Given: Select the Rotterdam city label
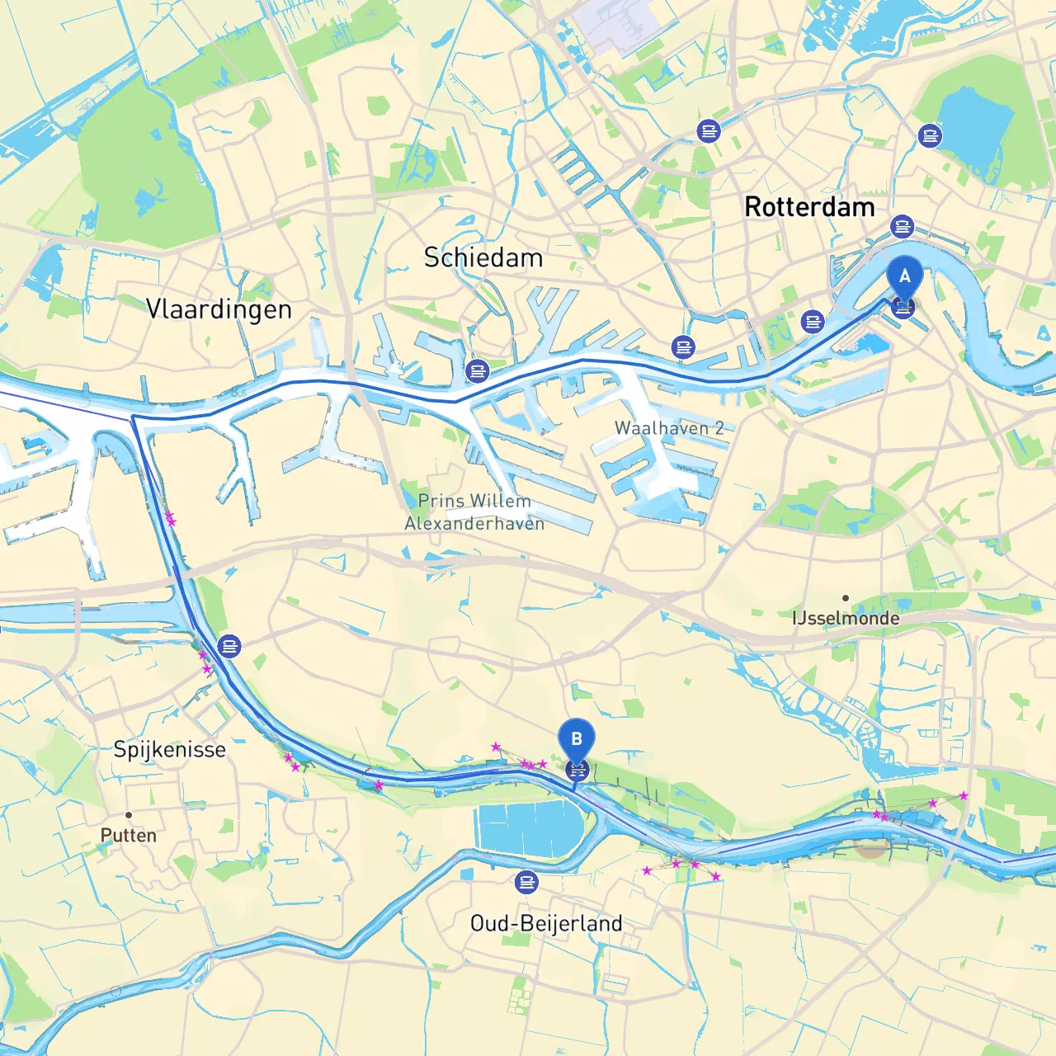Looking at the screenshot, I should [809, 207].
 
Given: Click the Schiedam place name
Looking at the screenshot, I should [483, 257].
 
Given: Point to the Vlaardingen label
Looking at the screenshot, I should [219, 309].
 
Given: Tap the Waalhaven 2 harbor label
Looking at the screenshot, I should [669, 428].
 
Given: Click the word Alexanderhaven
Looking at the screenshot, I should [474, 523].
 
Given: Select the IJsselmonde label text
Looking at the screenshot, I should [846, 618].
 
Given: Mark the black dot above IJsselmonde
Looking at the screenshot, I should [846, 598].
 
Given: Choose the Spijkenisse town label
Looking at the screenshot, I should [169, 749].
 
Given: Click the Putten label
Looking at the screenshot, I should [128, 835].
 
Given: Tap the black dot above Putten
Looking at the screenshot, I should [129, 815].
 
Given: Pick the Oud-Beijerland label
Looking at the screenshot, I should [546, 923].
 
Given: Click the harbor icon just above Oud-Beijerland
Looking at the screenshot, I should [526, 882].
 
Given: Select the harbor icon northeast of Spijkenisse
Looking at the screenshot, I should [229, 646].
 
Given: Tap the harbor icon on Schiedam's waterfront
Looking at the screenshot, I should [478, 370].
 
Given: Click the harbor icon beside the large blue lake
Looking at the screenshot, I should [930, 135].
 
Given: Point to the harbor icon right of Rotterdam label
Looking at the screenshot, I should [903, 226].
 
